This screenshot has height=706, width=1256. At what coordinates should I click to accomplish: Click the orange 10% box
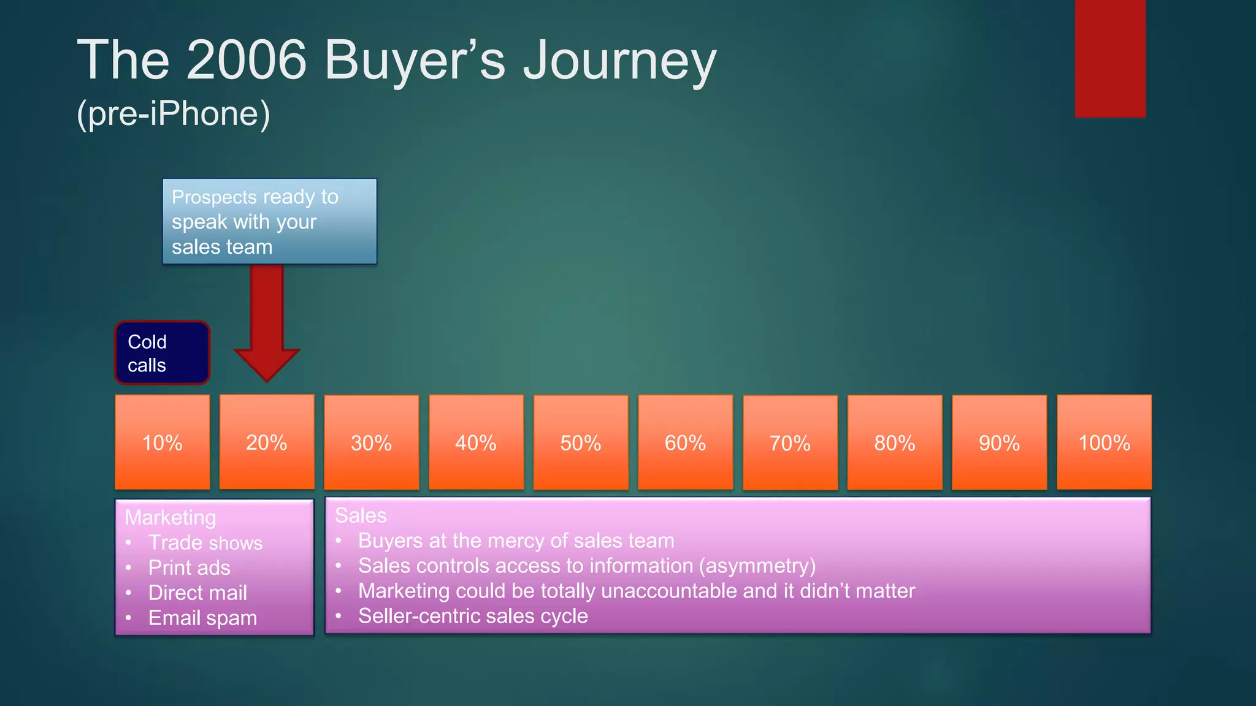point(163,442)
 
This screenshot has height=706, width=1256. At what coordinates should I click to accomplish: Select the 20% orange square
point(267,442)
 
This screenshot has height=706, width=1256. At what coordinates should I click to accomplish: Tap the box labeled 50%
point(581,442)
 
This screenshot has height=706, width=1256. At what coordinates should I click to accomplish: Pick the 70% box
point(790,442)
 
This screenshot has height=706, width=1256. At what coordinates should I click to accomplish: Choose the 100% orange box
point(1104,442)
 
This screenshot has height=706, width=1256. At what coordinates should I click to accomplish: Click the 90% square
point(999,442)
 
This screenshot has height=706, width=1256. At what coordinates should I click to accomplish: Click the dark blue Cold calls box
point(163,353)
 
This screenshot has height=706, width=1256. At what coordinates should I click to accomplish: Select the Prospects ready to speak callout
point(269,221)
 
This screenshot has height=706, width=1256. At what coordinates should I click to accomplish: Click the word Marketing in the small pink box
point(170,517)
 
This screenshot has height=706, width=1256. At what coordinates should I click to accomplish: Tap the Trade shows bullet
point(205,542)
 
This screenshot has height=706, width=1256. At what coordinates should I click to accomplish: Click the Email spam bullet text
point(202,618)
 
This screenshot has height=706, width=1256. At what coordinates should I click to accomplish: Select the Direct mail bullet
point(197,593)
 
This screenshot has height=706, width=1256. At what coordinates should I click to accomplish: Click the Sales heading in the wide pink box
point(361,515)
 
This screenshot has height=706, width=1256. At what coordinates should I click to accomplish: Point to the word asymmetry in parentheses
point(757,566)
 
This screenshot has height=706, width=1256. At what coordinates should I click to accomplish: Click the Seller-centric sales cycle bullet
point(473,616)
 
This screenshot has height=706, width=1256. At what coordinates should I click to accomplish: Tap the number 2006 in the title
point(247,60)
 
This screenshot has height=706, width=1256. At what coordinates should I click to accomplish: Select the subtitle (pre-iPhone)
point(174,113)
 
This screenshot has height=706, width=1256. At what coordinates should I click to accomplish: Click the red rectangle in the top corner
point(1110,58)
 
